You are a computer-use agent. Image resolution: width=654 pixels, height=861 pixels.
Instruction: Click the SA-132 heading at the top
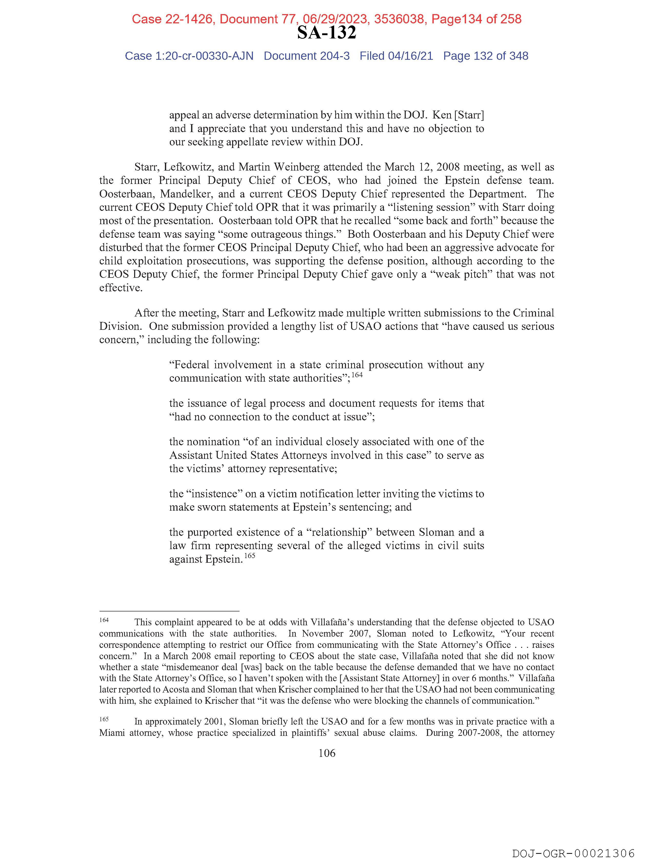[326, 33]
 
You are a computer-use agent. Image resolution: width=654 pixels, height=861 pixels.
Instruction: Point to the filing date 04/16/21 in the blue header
[410, 56]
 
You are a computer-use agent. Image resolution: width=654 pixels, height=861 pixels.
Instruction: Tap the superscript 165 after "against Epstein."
[250, 556]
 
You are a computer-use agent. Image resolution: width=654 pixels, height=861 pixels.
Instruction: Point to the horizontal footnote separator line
[169, 611]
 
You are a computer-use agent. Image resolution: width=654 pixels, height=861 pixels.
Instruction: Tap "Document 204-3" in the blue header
[306, 56]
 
